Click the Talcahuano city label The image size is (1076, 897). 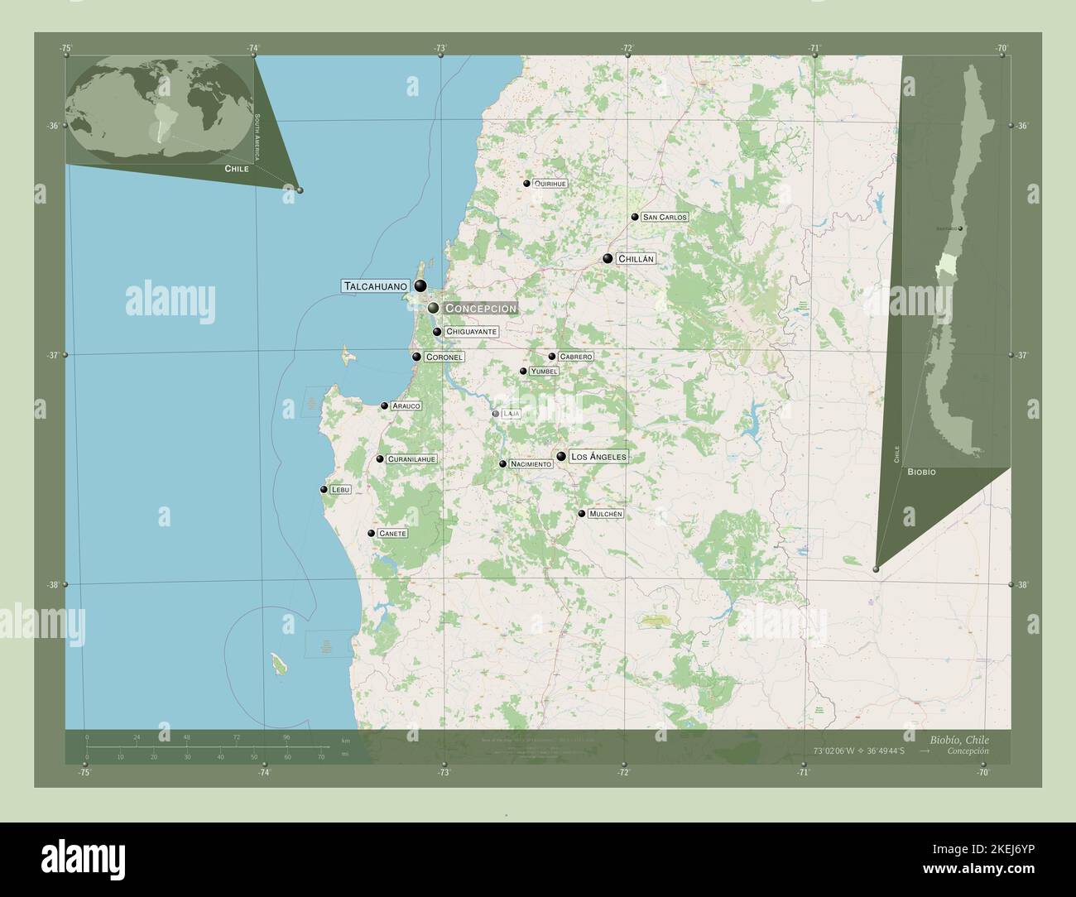pyautogui.click(x=375, y=285)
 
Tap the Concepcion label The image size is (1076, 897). pyautogui.click(x=480, y=308)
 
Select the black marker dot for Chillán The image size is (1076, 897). pyautogui.click(x=608, y=258)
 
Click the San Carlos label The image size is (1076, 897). pyautogui.click(x=665, y=217)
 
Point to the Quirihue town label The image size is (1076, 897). pyautogui.click(x=550, y=184)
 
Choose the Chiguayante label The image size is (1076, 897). pyautogui.click(x=471, y=332)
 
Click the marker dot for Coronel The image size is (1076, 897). pyautogui.click(x=417, y=357)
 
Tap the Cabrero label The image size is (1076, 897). pyautogui.click(x=575, y=357)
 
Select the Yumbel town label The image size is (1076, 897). pyautogui.click(x=544, y=372)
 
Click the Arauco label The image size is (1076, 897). pyautogui.click(x=406, y=406)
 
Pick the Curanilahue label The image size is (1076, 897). pyautogui.click(x=411, y=459)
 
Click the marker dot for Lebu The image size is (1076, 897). pyautogui.click(x=324, y=490)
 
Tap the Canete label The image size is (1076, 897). pyautogui.click(x=391, y=534)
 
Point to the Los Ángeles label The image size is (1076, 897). pyautogui.click(x=598, y=456)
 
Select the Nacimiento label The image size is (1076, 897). pyautogui.click(x=531, y=464)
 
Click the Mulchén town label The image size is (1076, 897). pyautogui.click(x=605, y=514)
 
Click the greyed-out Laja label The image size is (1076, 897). pyautogui.click(x=511, y=413)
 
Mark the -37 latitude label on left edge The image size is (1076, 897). pyautogui.click(x=52, y=354)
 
